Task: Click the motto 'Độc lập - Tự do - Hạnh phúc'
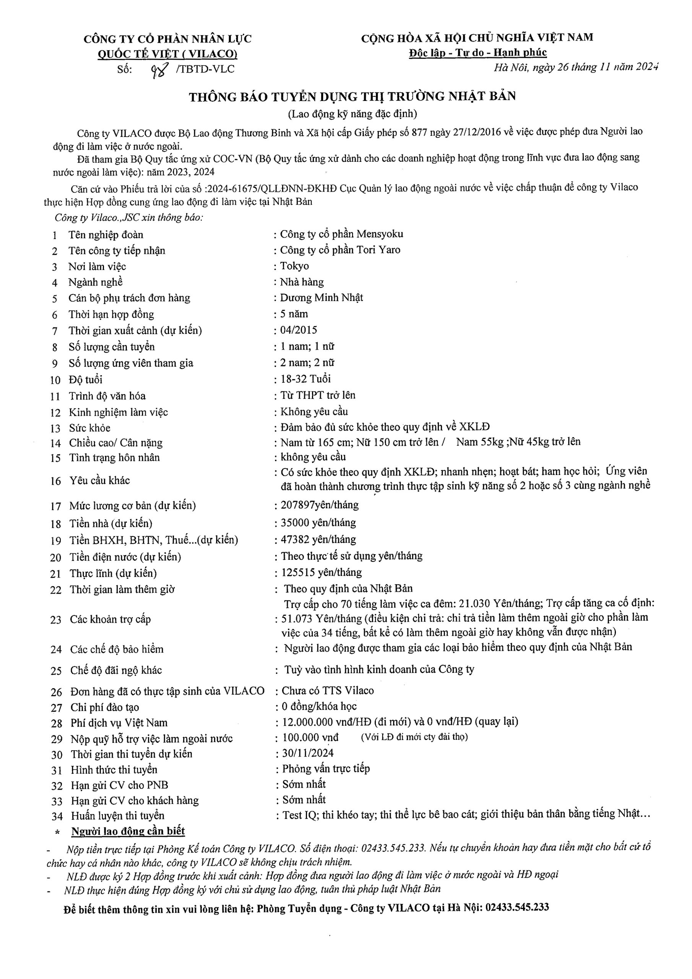478,53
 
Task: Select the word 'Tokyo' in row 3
295,266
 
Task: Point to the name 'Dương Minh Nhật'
322,298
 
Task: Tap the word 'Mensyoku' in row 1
380,234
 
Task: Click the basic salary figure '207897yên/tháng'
320,505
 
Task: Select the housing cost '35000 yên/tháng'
318,523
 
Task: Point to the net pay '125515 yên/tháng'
322,572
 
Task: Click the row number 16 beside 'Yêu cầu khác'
56,481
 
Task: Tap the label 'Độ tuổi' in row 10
86,379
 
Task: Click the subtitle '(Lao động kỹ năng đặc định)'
352,114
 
